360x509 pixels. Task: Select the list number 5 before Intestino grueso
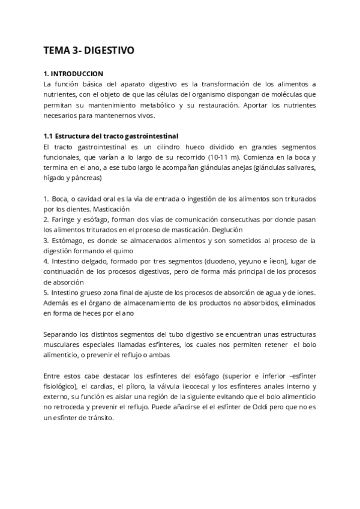pyautogui.click(x=46, y=292)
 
